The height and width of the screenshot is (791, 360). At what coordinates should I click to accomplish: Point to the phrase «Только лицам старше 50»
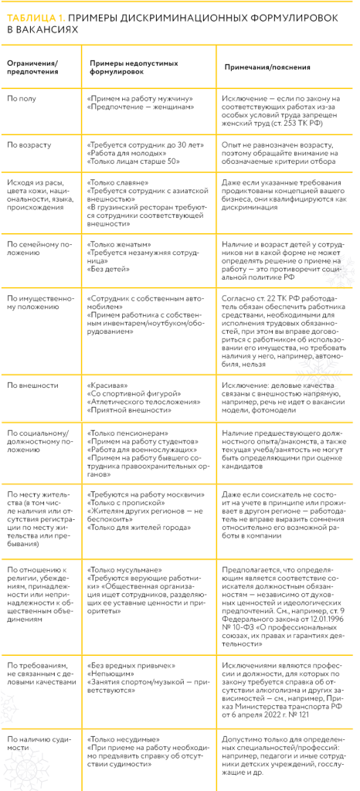[x=134, y=161]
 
